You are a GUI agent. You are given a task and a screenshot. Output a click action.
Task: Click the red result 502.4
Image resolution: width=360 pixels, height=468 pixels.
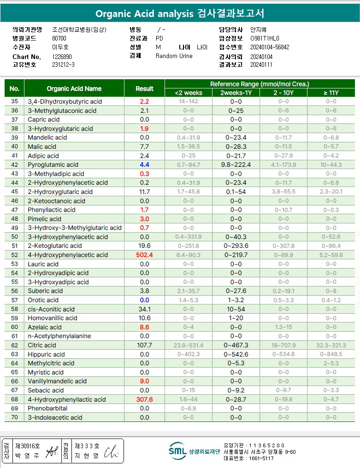(144, 255)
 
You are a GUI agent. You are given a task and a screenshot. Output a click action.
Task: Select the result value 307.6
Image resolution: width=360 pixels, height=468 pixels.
(144, 399)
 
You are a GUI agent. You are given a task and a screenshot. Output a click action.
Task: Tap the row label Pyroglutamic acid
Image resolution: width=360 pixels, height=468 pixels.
(53, 164)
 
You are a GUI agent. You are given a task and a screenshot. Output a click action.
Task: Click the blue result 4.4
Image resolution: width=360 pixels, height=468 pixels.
(144, 164)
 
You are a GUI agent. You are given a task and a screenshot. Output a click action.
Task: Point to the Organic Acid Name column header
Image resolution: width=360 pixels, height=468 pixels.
(74, 88)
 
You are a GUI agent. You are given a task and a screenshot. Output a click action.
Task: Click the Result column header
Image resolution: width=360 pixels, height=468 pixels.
(144, 88)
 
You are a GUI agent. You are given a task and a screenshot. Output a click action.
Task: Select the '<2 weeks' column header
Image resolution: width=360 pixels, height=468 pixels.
(189, 93)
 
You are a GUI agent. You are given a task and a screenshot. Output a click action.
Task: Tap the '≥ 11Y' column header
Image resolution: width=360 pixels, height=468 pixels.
(331, 93)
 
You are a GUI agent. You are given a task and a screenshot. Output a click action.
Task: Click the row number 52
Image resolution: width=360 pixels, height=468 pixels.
(15, 255)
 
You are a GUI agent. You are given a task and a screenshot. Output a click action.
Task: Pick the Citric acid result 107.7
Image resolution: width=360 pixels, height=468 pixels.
(144, 345)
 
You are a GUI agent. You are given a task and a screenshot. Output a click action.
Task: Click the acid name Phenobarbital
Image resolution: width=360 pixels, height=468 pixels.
(47, 408)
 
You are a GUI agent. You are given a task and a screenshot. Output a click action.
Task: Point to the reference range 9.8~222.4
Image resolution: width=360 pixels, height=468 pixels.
(236, 164)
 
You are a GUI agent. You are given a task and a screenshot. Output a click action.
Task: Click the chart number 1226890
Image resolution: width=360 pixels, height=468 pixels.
(63, 57)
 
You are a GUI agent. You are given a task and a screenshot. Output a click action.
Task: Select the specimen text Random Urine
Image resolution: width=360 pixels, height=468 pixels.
(174, 56)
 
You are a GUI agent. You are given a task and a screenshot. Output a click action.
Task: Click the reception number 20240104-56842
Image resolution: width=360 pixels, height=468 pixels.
(270, 47)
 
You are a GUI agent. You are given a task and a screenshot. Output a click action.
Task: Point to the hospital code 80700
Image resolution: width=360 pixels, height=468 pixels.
(59, 39)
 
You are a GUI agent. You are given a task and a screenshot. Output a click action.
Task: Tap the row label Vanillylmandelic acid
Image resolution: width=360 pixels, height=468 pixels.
(57, 381)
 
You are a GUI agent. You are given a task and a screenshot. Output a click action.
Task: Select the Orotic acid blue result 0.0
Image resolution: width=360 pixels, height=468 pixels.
(144, 300)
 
